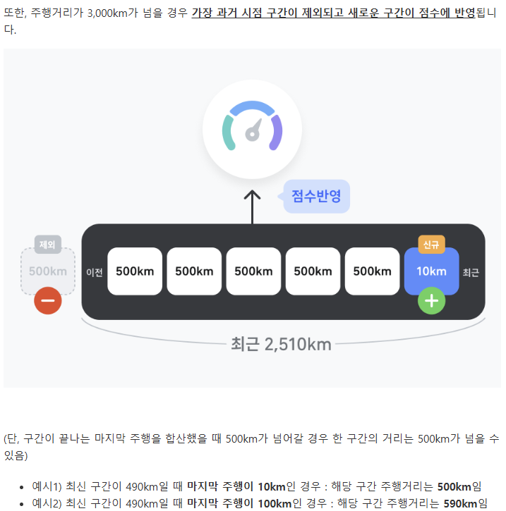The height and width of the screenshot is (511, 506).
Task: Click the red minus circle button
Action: tap(48, 301)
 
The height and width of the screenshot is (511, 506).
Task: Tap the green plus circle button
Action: tap(432, 301)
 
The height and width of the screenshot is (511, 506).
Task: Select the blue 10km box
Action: tap(431, 271)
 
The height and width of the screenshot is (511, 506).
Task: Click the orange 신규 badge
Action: tap(431, 244)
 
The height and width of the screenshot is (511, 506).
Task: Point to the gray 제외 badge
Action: tap(48, 245)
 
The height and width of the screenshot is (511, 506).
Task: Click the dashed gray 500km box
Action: tap(48, 271)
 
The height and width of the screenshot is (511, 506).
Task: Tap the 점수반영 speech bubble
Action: tap(316, 196)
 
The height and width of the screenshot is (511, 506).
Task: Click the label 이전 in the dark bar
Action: tap(95, 272)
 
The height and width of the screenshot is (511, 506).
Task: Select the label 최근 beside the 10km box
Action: tap(471, 272)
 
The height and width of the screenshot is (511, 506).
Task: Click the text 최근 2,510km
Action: tap(280, 344)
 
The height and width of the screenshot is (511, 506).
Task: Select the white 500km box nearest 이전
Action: tap(135, 271)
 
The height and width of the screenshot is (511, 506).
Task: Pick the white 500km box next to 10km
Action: tap(372, 271)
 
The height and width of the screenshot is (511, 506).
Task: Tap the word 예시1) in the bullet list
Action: tap(47, 487)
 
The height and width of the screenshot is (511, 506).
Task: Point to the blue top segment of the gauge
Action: tap(252, 108)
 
